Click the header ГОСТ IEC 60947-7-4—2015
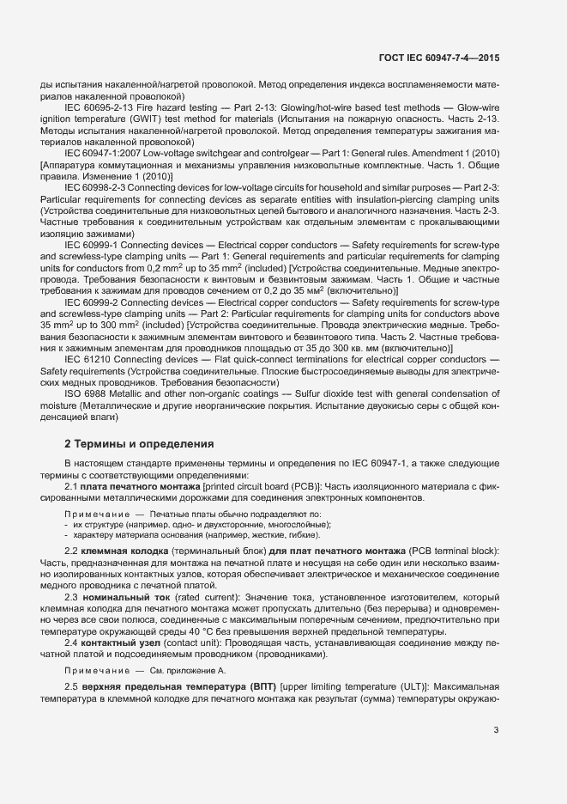point(439,58)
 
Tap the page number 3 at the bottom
point(496,731)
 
